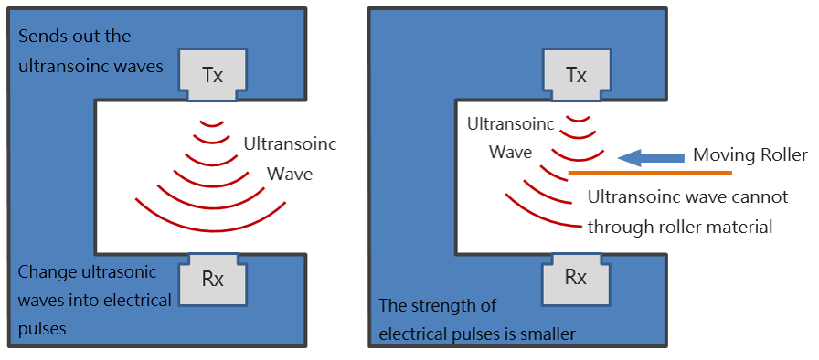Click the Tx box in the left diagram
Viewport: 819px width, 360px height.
click(213, 75)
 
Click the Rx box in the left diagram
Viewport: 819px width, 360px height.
click(213, 279)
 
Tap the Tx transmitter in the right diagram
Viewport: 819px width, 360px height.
click(576, 75)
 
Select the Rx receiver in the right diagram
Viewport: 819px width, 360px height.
click(576, 278)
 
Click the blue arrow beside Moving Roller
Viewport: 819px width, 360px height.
click(651, 156)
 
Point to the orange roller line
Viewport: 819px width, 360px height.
click(650, 172)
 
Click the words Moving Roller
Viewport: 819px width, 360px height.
click(750, 155)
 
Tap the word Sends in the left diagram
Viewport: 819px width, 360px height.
click(41, 37)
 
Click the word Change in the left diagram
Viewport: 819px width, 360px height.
click(46, 272)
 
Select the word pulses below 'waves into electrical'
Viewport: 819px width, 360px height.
click(42, 329)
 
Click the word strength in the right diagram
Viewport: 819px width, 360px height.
click(445, 305)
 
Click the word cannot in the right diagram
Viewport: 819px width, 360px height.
click(761, 197)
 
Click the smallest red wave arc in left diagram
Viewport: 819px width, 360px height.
click(212, 124)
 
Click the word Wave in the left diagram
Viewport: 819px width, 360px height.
click(290, 174)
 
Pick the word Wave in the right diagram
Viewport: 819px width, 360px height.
click(510, 153)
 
